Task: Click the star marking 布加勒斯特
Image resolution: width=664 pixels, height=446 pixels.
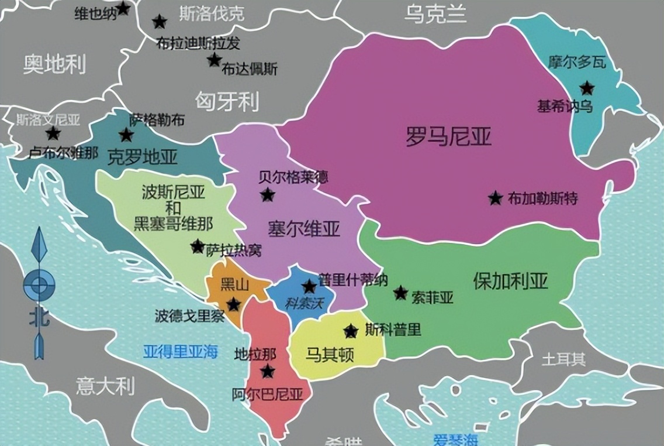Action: (495, 198)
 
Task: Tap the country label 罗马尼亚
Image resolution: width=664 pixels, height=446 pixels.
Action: (448, 136)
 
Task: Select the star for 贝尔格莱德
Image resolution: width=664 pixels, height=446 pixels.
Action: (268, 195)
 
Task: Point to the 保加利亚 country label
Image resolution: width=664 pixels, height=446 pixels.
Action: (510, 282)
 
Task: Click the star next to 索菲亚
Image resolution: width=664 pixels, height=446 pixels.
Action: (400, 293)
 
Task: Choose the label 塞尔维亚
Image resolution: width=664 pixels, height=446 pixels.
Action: (304, 228)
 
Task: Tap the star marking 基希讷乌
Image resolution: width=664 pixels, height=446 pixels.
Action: (587, 88)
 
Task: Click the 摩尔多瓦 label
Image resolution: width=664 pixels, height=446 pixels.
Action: (577, 62)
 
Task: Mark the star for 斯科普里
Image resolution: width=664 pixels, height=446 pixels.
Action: (351, 331)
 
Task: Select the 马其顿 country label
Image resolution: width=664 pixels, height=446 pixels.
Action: (330, 354)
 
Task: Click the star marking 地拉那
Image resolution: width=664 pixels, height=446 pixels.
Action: (268, 371)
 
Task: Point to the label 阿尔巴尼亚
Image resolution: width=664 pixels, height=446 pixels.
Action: (267, 394)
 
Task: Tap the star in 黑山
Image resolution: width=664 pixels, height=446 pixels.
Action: (233, 304)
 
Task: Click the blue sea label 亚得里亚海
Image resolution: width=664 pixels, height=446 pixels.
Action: (181, 352)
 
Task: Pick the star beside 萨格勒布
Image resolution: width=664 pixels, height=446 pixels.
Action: (126, 135)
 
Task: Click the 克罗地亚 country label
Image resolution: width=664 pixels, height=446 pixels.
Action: (143, 156)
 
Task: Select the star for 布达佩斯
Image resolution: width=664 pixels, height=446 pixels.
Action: (214, 60)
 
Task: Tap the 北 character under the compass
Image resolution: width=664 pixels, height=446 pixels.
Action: (39, 318)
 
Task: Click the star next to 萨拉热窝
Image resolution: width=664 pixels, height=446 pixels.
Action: (198, 246)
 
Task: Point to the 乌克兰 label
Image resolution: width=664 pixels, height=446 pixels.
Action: (435, 14)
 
